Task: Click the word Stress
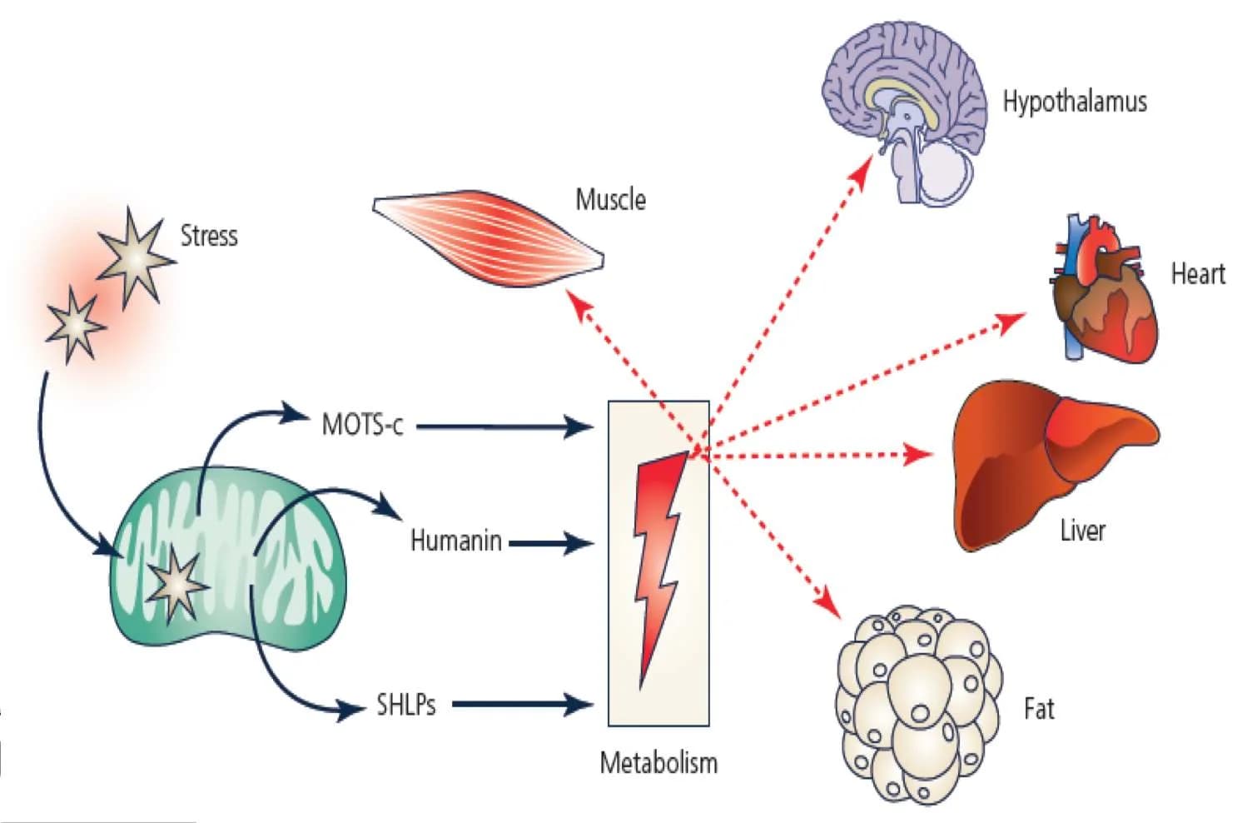[209, 236]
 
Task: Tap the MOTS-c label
[362, 425]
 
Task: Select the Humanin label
[455, 541]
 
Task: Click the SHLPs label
[405, 706]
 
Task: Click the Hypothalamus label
[1074, 102]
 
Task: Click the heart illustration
[1104, 292]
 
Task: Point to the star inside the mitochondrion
[175, 583]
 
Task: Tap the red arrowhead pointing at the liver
[920, 454]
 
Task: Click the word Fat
[1038, 710]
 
